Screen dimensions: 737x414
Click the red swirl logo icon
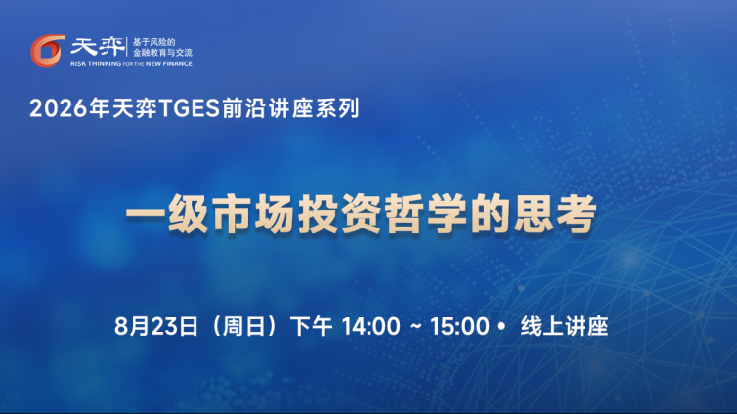coord(48,51)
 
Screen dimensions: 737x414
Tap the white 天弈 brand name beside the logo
coord(98,47)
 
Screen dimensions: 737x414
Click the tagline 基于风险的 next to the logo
coord(153,42)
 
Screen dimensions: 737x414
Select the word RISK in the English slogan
coord(78,63)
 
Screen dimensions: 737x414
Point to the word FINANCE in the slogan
coord(178,63)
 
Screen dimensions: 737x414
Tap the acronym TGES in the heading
coord(190,108)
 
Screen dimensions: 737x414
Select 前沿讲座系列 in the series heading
coord(290,108)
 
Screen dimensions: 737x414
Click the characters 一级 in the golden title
coord(167,214)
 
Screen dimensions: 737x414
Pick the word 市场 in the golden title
coord(254,214)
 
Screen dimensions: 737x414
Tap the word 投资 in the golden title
coord(340,214)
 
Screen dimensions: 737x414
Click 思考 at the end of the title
coord(555,214)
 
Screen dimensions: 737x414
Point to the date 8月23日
coord(156,326)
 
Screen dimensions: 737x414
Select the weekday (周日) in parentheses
coord(244,326)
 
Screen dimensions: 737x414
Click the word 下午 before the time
coord(311,326)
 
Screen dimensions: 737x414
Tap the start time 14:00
coord(371,326)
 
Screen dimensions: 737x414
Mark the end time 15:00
coord(459,326)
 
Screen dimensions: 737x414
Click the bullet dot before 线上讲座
coord(501,326)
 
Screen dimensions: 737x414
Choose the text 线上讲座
coord(565,326)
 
